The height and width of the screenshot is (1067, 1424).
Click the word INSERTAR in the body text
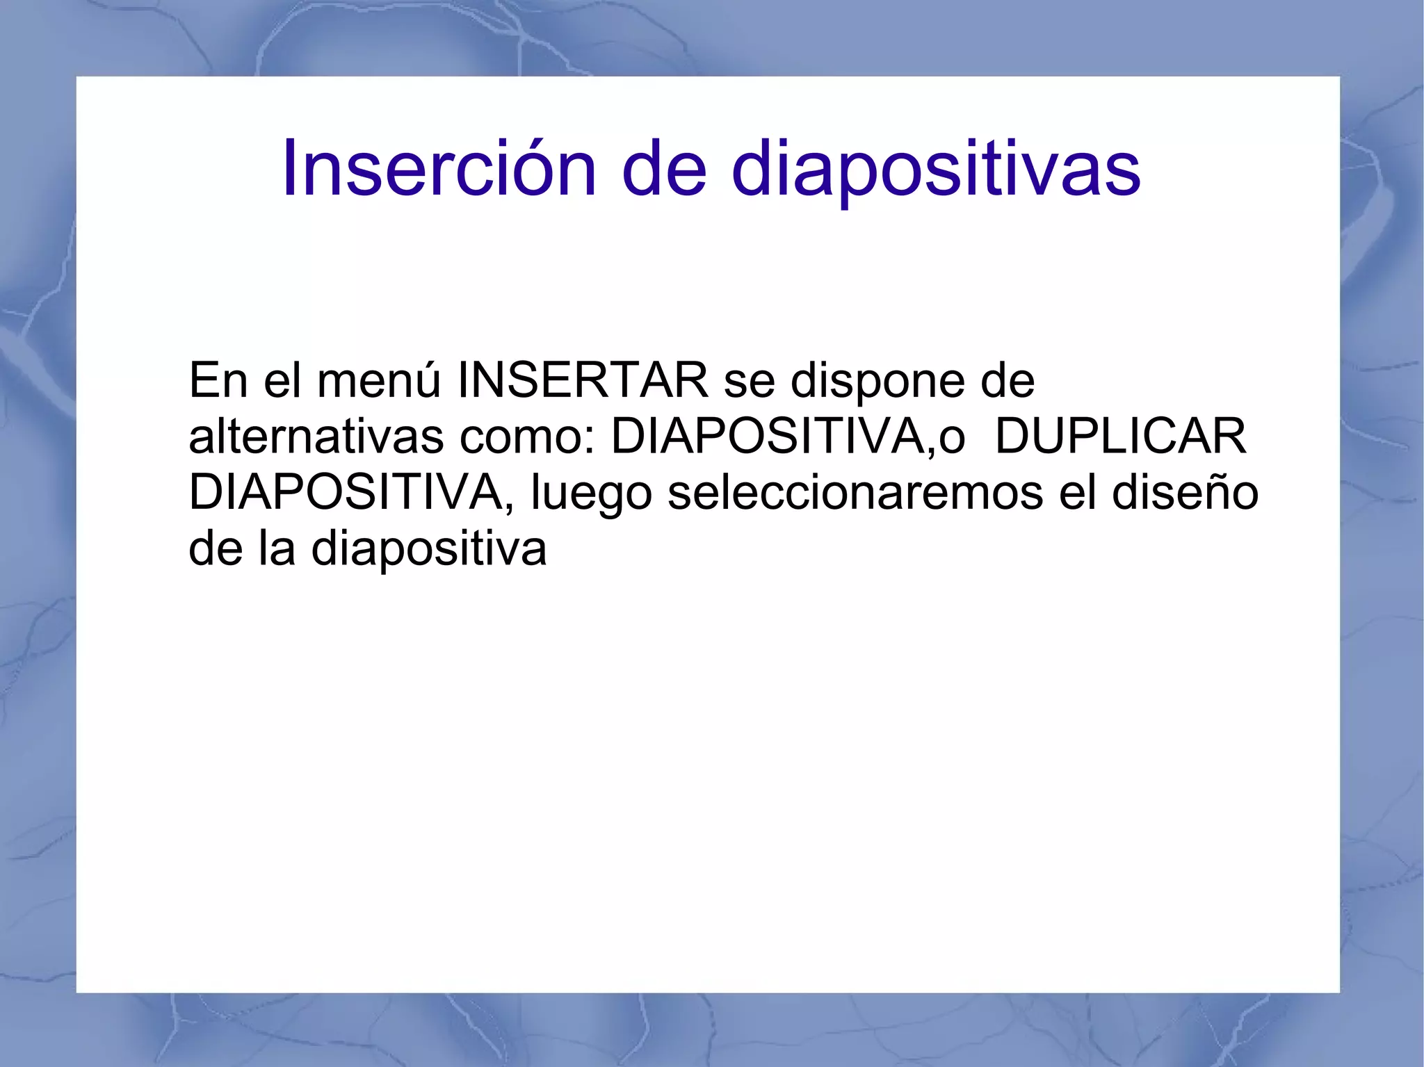click(583, 381)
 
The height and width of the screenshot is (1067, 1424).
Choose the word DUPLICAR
click(1121, 437)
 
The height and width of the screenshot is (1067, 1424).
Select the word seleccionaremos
click(855, 492)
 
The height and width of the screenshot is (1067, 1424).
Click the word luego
click(591, 494)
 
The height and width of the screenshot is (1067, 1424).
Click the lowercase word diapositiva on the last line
click(428, 549)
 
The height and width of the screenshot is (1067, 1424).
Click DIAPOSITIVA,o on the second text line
click(788, 437)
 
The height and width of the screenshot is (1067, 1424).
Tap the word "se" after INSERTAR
click(749, 382)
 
